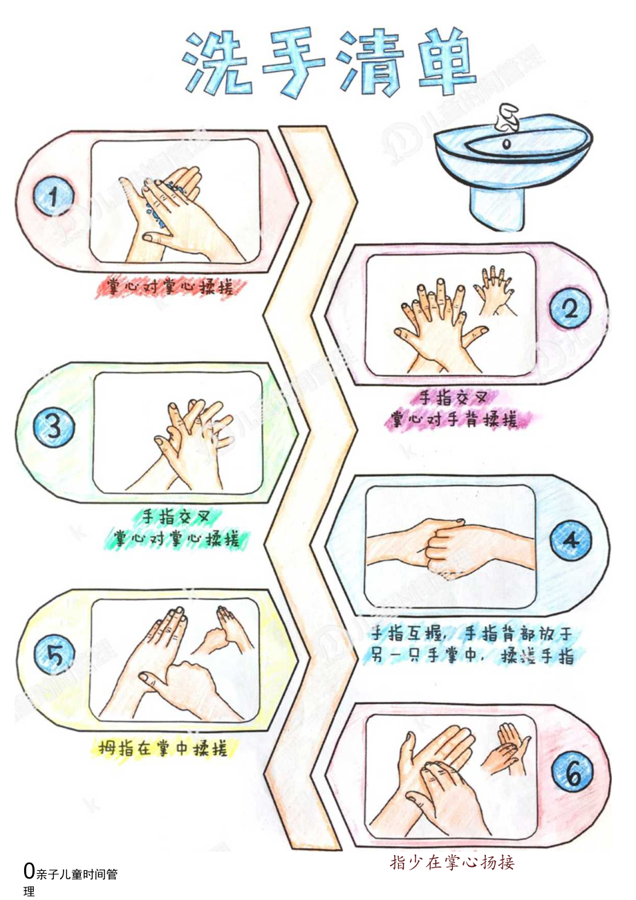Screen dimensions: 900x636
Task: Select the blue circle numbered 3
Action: pos(55,428)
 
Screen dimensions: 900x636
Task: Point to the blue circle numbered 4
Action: pos(570,540)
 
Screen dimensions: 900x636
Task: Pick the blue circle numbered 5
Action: pos(55,654)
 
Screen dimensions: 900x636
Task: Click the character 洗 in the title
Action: pos(216,64)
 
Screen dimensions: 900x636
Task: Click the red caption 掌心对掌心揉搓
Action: pos(170,286)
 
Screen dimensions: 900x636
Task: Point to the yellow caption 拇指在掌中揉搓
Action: pos(163,748)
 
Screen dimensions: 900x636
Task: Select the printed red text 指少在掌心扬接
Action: pos(452,862)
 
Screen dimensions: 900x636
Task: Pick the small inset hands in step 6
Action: pos(507,749)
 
